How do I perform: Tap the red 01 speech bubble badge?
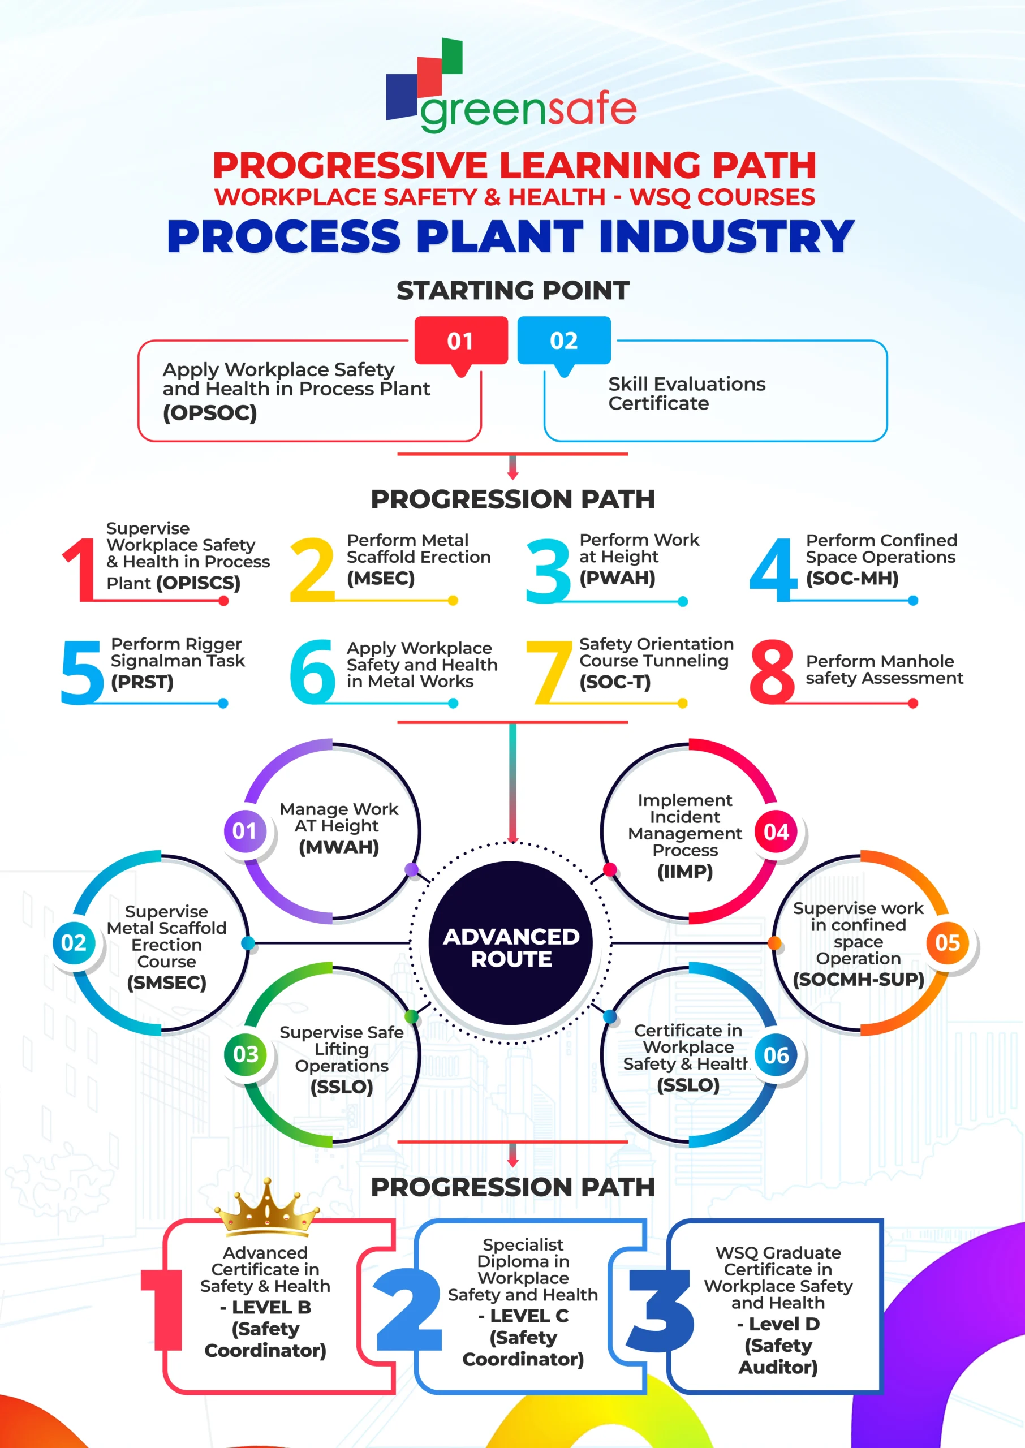tap(461, 341)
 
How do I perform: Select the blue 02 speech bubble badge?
tap(563, 341)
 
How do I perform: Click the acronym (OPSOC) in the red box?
tap(209, 413)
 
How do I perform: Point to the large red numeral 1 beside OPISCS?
tap(80, 569)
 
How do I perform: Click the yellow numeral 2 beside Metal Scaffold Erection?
tap(311, 569)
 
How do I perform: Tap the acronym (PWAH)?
tap(617, 578)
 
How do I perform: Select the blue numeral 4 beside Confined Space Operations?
tap(774, 569)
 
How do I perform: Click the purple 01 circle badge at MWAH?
tap(245, 831)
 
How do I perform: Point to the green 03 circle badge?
tap(246, 1054)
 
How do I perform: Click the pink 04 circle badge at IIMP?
tap(776, 832)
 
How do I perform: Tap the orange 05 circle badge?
tap(948, 943)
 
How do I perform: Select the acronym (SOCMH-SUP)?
tap(858, 979)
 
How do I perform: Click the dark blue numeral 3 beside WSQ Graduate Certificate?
tap(660, 1311)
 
